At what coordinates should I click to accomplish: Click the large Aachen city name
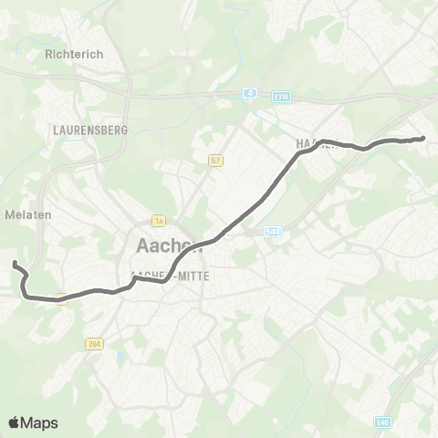tap(169, 245)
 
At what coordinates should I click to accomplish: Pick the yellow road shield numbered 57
tap(215, 161)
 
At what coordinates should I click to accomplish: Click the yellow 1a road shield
tap(158, 220)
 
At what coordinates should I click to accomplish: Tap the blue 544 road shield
tap(272, 233)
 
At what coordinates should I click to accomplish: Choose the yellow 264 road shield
tap(95, 344)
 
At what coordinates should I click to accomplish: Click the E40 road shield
tap(381, 421)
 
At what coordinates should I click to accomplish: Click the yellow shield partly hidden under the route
tap(62, 297)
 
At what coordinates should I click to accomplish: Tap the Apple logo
tap(15, 422)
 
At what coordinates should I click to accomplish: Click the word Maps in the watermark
tap(40, 422)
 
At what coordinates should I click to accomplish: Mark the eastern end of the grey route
tap(422, 138)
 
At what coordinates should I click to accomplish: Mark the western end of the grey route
tap(15, 264)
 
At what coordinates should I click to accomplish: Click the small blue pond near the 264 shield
tap(120, 350)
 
